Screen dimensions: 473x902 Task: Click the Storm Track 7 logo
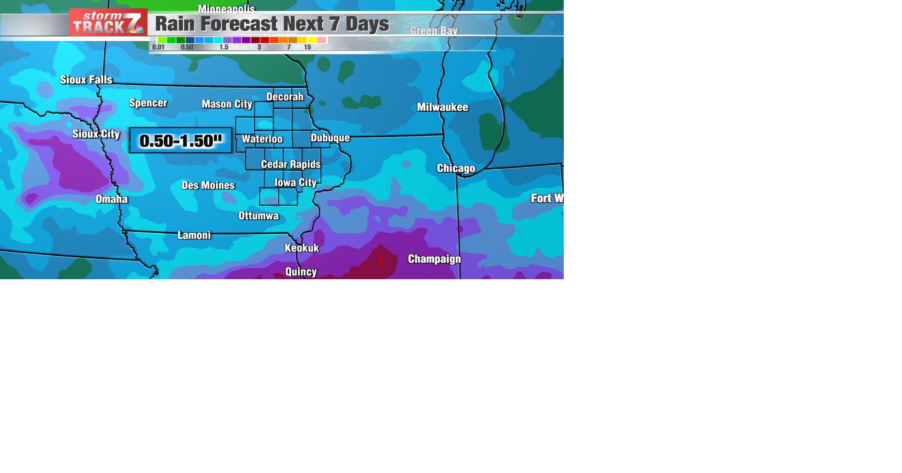coord(108,23)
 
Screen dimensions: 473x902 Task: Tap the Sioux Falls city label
coord(86,80)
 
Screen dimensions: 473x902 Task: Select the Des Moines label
coord(208,185)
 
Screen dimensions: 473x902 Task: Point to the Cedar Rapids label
coord(291,164)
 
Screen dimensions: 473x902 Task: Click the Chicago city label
coord(456,168)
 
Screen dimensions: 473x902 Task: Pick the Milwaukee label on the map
coord(443,107)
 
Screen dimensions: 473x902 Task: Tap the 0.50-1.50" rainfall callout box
coord(181,140)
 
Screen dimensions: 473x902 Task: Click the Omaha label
coord(112,199)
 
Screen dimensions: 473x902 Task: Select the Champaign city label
coord(435,259)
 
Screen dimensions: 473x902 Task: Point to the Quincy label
coord(301,272)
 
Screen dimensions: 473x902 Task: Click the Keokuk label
coord(302,248)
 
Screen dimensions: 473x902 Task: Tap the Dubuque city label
coord(330,138)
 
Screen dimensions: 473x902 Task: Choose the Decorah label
coord(285,97)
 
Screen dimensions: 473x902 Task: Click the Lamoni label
coord(194,235)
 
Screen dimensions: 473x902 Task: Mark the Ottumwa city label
coord(259,216)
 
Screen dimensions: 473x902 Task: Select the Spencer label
coord(148,103)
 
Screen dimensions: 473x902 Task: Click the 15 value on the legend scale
coord(307,47)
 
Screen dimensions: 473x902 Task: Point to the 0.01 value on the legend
coord(158,47)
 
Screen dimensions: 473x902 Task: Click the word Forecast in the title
coord(242,24)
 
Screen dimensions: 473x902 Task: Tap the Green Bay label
coord(434,31)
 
